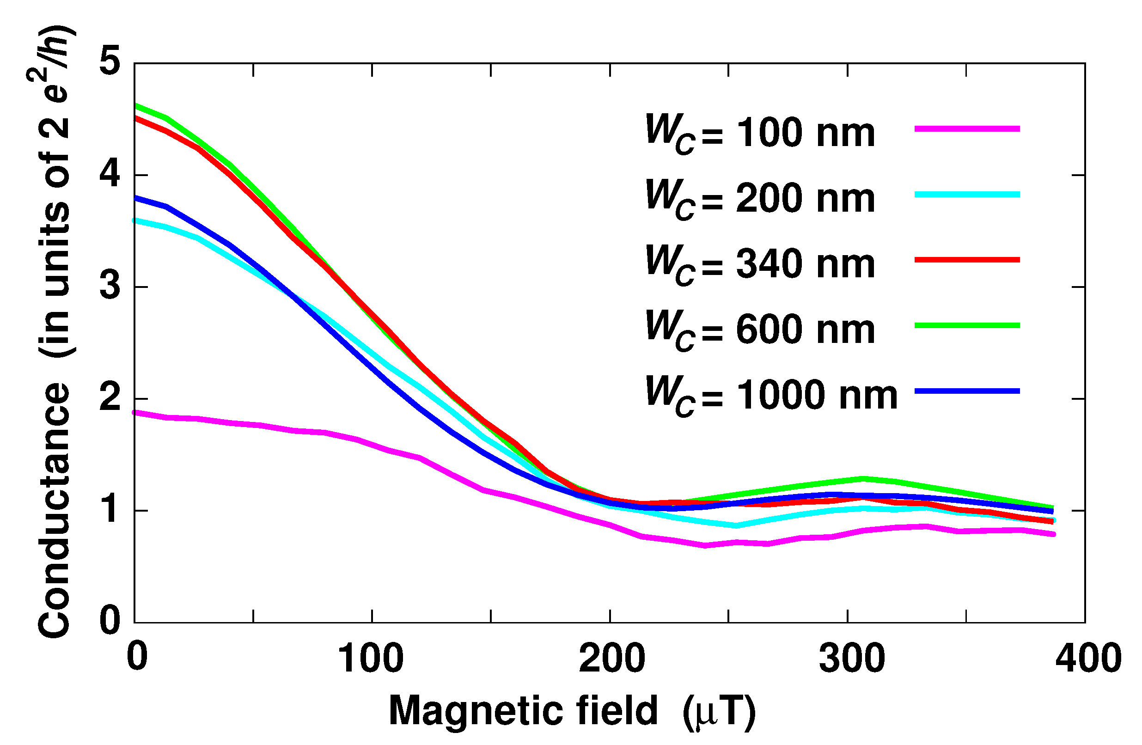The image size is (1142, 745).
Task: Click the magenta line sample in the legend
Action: (x=966, y=129)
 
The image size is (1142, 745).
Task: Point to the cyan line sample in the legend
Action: (x=966, y=195)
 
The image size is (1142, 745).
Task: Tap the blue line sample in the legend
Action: (x=966, y=391)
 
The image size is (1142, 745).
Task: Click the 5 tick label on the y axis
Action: (x=110, y=62)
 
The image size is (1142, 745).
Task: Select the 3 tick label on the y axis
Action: (x=110, y=287)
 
